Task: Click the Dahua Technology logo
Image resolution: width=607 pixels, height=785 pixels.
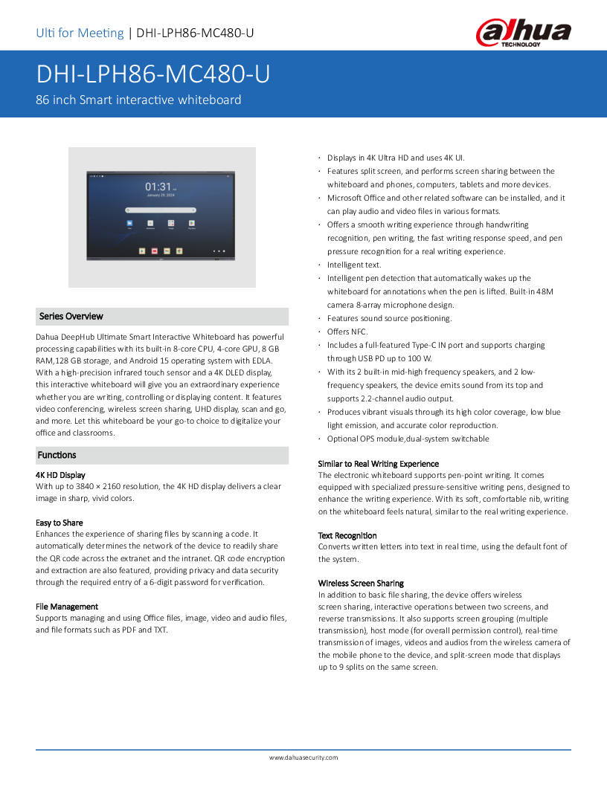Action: pos(524,33)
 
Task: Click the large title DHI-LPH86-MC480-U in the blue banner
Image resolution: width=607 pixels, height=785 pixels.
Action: pos(153,74)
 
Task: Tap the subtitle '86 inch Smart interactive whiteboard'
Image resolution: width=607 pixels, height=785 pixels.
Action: pos(138,100)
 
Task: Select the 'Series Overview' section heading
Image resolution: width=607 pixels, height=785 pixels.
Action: pos(71,316)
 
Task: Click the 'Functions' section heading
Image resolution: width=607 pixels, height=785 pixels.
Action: pos(57,455)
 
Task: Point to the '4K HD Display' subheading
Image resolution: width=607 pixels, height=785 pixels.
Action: pos(60,474)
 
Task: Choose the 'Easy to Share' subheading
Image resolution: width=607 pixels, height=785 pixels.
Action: pos(60,523)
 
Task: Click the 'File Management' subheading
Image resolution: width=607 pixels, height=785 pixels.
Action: pos(67,607)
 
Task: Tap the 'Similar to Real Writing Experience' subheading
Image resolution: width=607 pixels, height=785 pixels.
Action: pos(379,464)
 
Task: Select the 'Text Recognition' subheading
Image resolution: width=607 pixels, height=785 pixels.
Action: pos(347,535)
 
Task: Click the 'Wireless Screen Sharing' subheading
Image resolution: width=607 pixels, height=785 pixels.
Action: pos(361,583)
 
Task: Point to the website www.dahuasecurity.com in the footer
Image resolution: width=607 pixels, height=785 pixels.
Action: pos(303,757)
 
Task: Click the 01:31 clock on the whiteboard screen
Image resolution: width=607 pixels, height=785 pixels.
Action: pos(158,187)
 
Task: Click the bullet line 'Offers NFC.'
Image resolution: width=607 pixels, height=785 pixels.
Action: pos(347,332)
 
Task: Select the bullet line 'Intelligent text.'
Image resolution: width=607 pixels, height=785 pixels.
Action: pos(354,265)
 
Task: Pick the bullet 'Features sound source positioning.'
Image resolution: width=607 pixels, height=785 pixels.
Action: pos(389,318)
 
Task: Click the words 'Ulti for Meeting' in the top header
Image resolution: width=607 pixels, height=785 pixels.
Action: pos(80,33)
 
